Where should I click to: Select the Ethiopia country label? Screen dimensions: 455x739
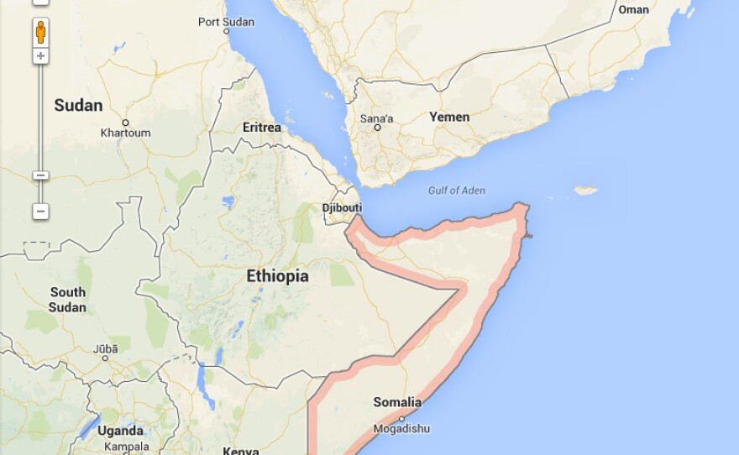click(277, 276)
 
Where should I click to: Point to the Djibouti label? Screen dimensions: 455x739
click(342, 207)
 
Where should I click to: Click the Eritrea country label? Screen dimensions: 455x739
click(261, 128)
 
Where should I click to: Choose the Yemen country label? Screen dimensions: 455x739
click(449, 117)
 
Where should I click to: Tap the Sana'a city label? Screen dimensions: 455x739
click(376, 118)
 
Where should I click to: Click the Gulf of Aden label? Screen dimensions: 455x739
click(456, 191)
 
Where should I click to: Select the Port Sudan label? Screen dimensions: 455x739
click(225, 21)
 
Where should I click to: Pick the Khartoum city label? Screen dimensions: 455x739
click(125, 133)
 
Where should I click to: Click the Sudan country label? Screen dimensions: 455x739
click(78, 106)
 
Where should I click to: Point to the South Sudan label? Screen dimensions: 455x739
click(67, 300)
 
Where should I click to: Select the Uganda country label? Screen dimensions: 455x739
click(120, 431)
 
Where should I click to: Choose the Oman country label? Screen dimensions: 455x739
click(633, 10)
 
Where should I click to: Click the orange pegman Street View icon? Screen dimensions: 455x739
click(40, 33)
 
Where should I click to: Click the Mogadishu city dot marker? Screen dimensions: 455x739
click(401, 418)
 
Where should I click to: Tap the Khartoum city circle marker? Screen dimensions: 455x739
click(125, 123)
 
